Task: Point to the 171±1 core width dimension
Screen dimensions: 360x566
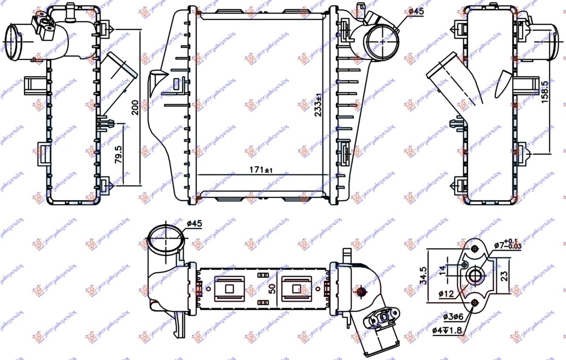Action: click(x=260, y=169)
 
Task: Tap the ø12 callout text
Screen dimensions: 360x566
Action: click(x=446, y=293)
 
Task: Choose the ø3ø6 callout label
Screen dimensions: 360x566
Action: click(x=454, y=317)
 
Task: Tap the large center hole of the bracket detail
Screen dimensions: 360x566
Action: click(x=474, y=276)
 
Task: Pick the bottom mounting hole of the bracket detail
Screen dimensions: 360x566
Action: click(x=474, y=303)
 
